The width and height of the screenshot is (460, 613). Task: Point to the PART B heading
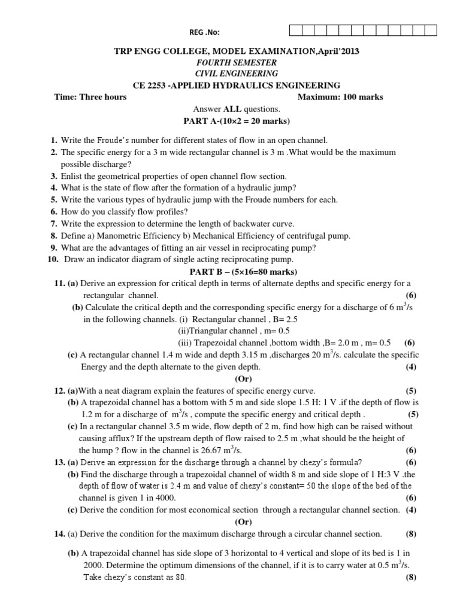coord(236,271)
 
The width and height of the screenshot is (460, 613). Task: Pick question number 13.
coord(59,462)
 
